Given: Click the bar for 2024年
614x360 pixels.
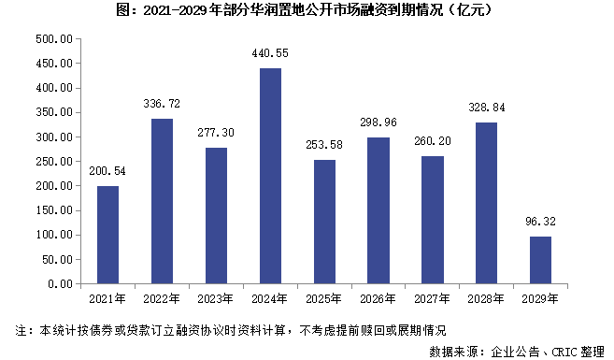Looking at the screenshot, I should point(270,176).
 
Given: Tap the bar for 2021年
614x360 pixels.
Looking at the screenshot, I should point(108,235).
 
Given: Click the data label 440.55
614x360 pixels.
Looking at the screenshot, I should point(270,53).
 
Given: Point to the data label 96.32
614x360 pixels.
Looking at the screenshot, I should point(540,222).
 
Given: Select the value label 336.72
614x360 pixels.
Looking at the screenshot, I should point(162,104).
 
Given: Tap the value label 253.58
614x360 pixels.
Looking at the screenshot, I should point(324,145).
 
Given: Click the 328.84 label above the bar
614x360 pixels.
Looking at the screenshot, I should point(486,108).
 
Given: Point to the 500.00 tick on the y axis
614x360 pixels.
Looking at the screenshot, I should point(53,40).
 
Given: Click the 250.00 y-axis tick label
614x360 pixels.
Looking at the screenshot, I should point(53,162).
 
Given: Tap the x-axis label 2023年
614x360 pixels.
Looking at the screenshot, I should point(216,299).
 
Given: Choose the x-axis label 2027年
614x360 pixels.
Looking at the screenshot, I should point(432,299).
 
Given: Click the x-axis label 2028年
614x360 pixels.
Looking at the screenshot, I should point(486,299).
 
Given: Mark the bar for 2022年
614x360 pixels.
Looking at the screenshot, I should point(162,201).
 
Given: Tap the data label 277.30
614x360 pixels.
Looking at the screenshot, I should point(216,133).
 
